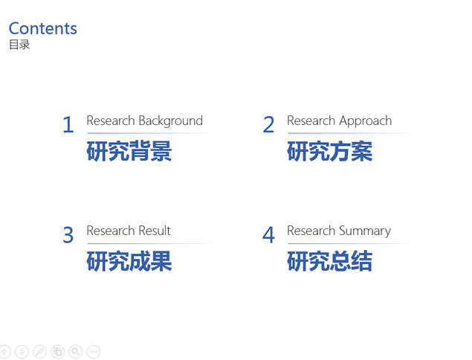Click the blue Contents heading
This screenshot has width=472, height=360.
coord(43,28)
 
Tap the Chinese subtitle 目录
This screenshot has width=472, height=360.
coord(19,45)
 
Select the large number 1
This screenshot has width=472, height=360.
coord(68,124)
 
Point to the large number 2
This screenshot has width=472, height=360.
coord(268,124)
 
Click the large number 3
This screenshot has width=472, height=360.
coord(68,235)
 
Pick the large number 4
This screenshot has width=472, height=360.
coord(268,235)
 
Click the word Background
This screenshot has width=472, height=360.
coord(170,121)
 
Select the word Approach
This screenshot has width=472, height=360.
coord(365,121)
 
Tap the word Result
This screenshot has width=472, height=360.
coord(154,231)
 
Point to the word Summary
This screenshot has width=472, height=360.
coord(365,231)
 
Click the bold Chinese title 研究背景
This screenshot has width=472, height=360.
coord(129,151)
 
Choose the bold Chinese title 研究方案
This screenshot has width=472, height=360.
coord(329,151)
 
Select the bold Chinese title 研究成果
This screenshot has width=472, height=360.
coord(129,261)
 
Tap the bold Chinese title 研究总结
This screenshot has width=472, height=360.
coord(329,261)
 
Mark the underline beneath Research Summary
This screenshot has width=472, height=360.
coord(352,243)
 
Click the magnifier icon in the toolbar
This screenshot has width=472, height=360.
coord(76,352)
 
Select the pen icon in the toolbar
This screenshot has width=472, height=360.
coord(39,352)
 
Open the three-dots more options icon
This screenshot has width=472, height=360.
coord(94,352)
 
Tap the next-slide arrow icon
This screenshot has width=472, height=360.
coord(22,352)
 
